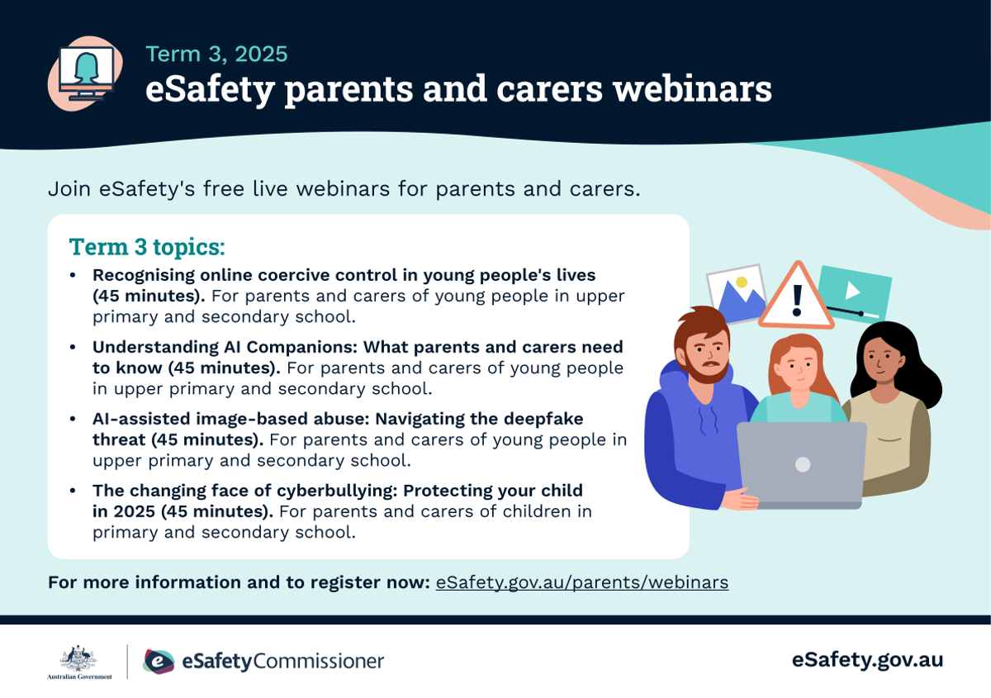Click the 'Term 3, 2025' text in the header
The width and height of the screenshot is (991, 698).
[216, 54]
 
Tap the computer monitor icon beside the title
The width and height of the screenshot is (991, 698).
[87, 74]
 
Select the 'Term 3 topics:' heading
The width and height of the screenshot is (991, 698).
[147, 246]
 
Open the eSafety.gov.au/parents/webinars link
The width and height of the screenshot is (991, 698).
[582, 582]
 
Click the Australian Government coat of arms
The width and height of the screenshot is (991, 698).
[78, 658]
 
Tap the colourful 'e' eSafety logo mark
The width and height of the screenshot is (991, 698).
[159, 662]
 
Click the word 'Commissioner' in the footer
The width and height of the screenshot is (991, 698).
[318, 662]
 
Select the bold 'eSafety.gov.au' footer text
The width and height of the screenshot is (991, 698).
[868, 660]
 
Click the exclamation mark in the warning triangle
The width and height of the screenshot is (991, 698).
[797, 301]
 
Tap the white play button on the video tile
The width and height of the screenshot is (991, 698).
[852, 291]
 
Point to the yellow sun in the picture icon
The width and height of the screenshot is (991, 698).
[742, 282]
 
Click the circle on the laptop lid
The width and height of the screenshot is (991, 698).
[803, 464]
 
